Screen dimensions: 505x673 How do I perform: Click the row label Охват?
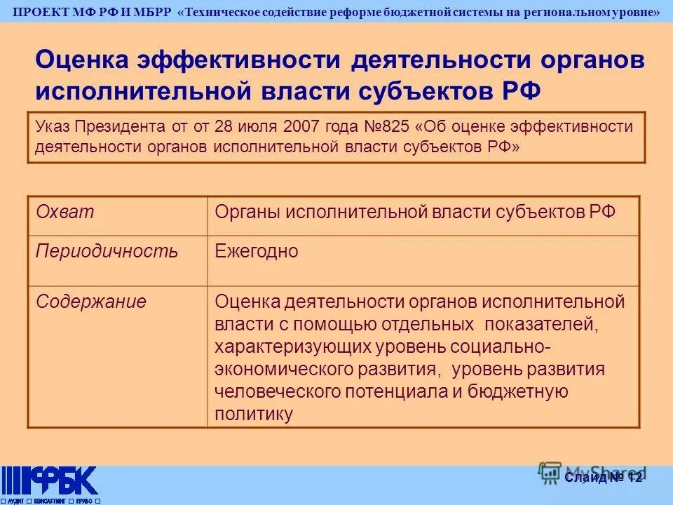[64, 213]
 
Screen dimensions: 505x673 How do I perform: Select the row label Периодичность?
[107, 252]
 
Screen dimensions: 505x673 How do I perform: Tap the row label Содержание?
[91, 302]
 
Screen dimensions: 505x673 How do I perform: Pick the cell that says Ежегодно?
[257, 252]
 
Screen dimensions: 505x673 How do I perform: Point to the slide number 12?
[634, 478]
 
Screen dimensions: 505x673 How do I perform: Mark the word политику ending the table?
[253, 414]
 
